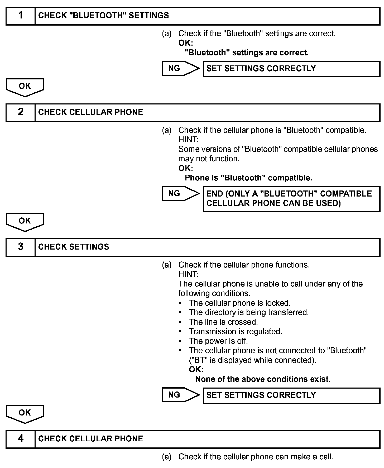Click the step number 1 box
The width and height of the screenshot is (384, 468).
tap(21, 16)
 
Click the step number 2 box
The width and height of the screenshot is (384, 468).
tap(21, 112)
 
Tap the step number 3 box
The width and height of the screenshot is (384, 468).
tap(21, 247)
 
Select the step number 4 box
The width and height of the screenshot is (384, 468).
tap(21, 439)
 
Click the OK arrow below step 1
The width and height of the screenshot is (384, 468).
tap(25, 87)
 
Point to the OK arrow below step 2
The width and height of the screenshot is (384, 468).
tap(25, 222)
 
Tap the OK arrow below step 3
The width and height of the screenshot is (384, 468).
tap(25, 414)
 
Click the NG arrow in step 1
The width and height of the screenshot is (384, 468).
tap(180, 68)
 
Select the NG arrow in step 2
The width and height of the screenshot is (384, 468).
tap(180, 194)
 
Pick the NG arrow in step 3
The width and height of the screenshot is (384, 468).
tap(180, 395)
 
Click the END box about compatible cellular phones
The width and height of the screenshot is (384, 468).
tap(291, 199)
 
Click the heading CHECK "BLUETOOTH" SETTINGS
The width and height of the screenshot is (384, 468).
tap(103, 16)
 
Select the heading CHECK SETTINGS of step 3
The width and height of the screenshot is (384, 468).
tap(74, 247)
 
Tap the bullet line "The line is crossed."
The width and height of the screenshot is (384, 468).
tap(223, 322)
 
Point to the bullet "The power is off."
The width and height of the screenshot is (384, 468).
tap(218, 341)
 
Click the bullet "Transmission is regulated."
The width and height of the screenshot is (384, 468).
tap(235, 332)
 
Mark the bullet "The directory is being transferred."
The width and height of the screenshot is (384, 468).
tap(248, 313)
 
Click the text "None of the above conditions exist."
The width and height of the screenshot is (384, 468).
tap(263, 379)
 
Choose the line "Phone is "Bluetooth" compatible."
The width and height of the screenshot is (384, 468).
tap(248, 178)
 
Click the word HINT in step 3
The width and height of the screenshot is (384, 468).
tap(188, 274)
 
